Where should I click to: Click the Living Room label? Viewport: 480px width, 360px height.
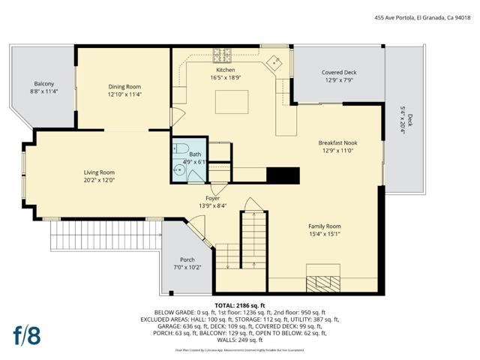[x=99, y=172]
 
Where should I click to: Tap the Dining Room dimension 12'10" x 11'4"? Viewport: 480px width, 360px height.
[x=124, y=94]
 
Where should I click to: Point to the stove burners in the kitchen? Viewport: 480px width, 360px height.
[x=223, y=54]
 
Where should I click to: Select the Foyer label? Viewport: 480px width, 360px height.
[x=213, y=198]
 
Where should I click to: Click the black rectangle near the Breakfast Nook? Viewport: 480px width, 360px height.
[x=283, y=175]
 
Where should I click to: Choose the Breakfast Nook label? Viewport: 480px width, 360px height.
[x=337, y=142]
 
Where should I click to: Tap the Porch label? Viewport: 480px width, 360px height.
[x=187, y=259]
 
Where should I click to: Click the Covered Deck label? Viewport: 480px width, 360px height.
[x=339, y=73]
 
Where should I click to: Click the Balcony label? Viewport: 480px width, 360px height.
[x=43, y=83]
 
